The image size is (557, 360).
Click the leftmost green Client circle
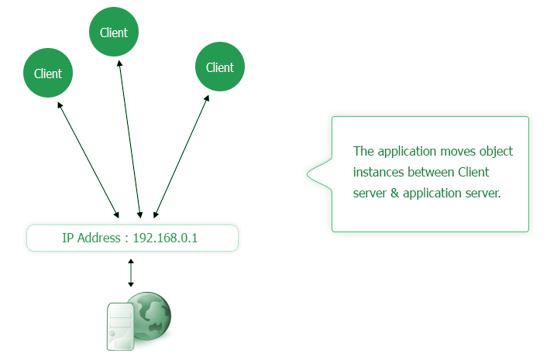click(48, 74)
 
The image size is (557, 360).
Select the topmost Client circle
click(114, 33)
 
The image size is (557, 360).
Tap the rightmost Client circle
click(220, 67)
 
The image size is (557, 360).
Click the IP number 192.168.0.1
click(165, 238)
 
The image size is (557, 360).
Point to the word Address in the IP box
click(98, 238)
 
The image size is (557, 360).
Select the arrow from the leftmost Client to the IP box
click(88, 159)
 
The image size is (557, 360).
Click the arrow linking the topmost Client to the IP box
click(129, 139)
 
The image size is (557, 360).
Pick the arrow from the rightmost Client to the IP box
click(182, 156)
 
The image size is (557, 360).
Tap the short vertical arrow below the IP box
click(131, 273)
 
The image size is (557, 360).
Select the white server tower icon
click(120, 327)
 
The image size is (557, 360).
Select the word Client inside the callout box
click(474, 172)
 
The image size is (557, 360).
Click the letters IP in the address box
click(68, 238)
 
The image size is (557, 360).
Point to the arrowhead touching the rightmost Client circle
click(207, 99)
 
